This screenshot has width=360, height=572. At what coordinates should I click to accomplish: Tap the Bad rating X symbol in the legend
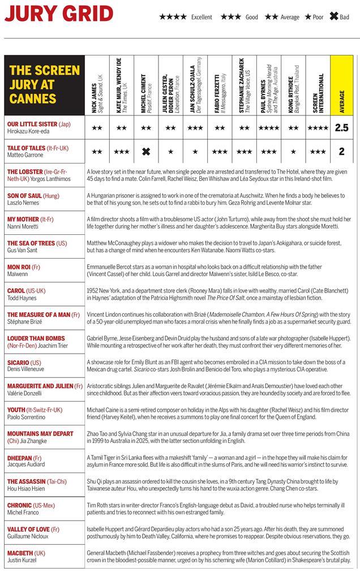(334, 17)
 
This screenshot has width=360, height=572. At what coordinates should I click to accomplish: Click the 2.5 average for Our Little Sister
(341, 128)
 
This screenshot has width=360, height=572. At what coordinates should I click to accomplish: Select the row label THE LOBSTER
(25, 171)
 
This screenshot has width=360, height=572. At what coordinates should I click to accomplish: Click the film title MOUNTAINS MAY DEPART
(40, 434)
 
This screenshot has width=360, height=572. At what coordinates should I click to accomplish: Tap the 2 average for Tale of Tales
(341, 152)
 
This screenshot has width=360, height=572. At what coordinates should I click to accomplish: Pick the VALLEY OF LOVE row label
(29, 529)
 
